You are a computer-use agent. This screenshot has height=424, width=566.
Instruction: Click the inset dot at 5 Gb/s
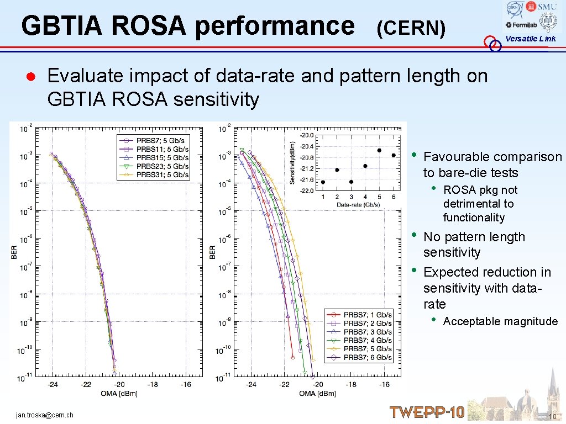pos(379,150)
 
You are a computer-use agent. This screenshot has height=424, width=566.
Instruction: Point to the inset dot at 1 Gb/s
pos(323,182)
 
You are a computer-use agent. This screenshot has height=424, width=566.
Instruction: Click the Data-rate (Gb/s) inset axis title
pos(358,204)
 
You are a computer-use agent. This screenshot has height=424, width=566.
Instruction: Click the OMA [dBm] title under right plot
pos(318,393)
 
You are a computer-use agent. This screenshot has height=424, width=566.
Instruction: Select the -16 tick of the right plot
pos(384,384)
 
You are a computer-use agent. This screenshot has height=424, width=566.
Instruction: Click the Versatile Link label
pos(530,39)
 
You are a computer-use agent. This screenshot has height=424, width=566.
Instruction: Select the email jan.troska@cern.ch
pos(45,415)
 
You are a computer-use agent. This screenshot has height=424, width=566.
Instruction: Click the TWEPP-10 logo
pos(427,412)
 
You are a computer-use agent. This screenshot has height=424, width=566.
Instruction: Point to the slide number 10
pos(552,416)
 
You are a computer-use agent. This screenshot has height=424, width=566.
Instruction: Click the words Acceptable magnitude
pos(500,321)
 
